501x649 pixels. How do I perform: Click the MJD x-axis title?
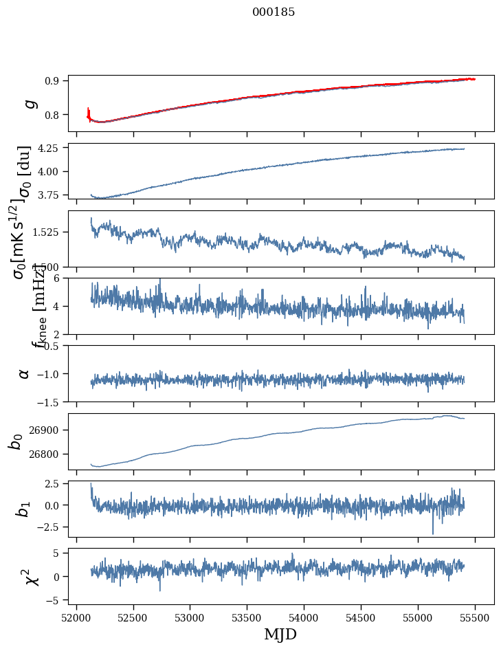[280, 634]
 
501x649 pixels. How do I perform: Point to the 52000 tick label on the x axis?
[76, 615]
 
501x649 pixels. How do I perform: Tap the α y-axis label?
[24, 373]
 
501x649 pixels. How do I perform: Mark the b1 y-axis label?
[24, 509]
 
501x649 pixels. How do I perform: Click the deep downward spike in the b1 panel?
[433, 532]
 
